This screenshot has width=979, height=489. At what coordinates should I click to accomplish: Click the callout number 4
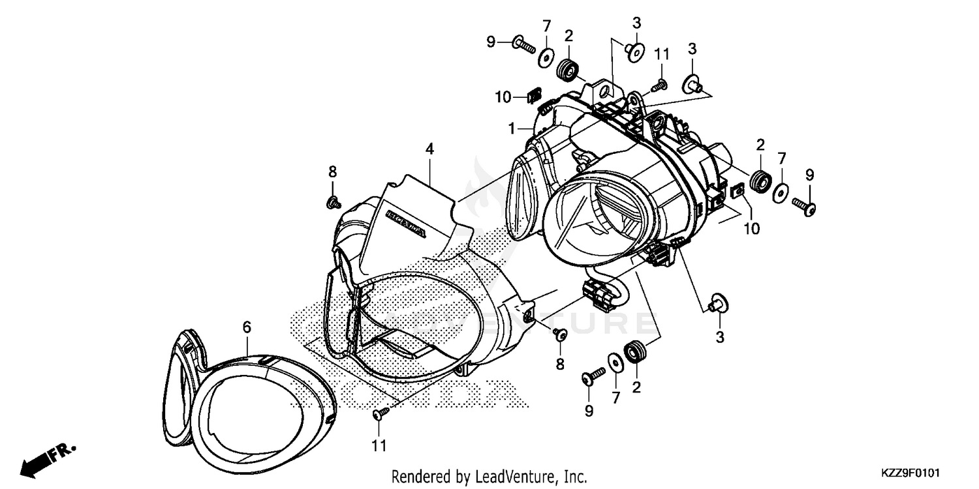point(429,149)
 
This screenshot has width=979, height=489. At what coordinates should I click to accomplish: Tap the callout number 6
point(247,328)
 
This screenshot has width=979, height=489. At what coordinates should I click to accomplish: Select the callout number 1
point(514,129)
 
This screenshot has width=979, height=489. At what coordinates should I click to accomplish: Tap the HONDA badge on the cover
point(407,223)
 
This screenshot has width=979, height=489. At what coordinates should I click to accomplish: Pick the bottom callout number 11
point(379,446)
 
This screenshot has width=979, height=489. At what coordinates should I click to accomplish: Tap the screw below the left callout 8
point(334,203)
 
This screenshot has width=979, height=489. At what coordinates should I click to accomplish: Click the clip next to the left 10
point(535,97)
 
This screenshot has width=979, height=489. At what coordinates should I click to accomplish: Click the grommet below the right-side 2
point(760,182)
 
